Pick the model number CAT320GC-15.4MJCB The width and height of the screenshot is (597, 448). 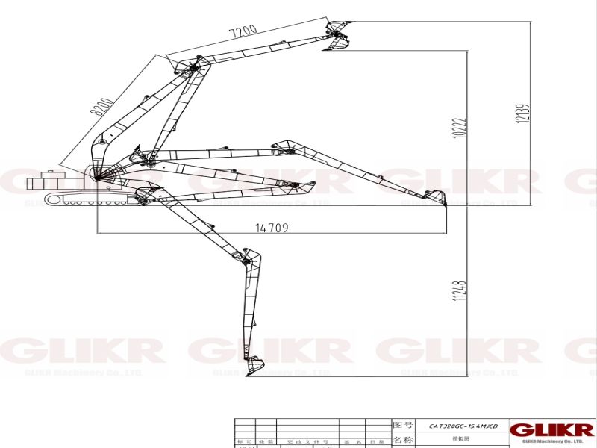coord(463,425)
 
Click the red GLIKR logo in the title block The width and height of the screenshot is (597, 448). coord(552,430)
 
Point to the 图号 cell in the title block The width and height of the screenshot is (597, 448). coord(402,424)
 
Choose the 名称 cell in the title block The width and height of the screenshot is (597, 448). coord(402,439)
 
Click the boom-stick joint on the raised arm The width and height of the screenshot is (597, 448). coord(191,69)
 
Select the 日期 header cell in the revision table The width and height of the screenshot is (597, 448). coord(378,441)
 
